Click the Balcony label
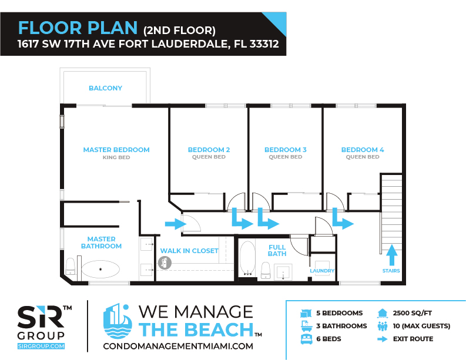tap(106, 88)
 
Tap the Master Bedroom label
tap(116, 150)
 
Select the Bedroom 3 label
tap(286, 150)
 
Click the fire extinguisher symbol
tap(165, 263)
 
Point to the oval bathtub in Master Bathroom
tap(100, 270)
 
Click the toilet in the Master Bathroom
tap(70, 267)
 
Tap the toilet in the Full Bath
tap(266, 271)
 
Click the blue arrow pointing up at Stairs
tap(392, 255)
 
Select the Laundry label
tap(322, 271)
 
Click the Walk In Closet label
tap(189, 251)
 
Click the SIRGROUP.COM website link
tap(41, 346)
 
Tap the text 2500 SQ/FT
tap(412, 313)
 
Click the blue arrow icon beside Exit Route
tap(383, 339)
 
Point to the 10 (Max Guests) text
tap(421, 326)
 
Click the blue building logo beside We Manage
tap(118, 321)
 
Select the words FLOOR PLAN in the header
tap(78, 28)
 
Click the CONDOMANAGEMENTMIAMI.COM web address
tap(178, 346)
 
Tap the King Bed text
tap(116, 157)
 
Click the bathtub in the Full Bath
tap(247, 258)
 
